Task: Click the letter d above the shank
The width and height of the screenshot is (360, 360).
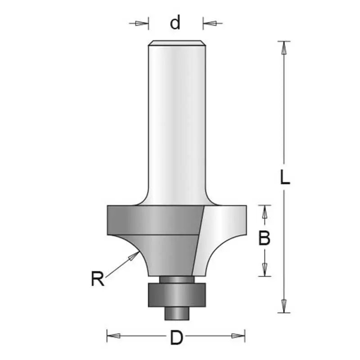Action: [175, 22]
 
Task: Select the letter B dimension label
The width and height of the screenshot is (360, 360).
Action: [264, 238]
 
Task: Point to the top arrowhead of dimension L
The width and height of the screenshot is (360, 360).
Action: [283, 47]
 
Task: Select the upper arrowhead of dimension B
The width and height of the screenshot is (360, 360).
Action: [265, 212]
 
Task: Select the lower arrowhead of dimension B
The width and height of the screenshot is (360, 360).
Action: [265, 270]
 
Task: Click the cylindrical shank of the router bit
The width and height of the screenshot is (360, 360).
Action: [176, 121]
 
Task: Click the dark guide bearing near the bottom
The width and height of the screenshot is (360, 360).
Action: [176, 295]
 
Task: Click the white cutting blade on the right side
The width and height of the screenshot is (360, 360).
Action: [220, 234]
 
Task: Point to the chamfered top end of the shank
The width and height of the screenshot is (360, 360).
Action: [176, 43]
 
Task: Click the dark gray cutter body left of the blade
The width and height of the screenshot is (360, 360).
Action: [153, 225]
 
